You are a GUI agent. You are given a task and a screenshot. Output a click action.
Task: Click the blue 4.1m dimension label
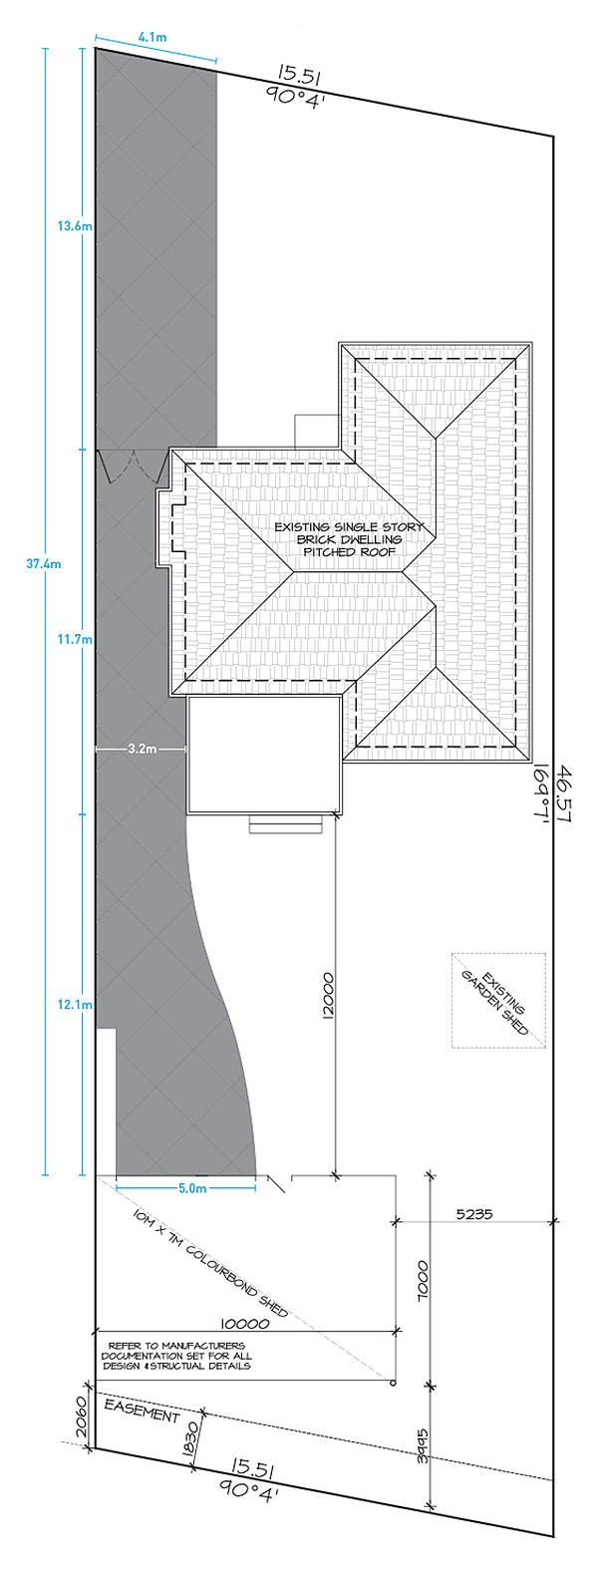[x=152, y=37]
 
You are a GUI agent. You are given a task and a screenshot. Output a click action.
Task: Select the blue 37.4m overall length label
[x=44, y=563]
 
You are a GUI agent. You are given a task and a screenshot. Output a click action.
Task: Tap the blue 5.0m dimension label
[x=192, y=1188]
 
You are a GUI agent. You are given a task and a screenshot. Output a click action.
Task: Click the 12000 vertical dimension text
[x=329, y=995]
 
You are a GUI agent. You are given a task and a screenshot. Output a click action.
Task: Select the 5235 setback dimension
[x=474, y=1213]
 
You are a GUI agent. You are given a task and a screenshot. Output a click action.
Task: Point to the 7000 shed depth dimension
[x=422, y=1281]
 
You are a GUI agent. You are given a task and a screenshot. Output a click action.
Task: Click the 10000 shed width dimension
[x=244, y=1324]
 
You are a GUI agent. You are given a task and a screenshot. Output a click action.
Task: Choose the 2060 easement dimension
[x=80, y=1417]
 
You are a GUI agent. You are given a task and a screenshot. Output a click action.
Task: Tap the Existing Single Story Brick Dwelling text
[x=349, y=539]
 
